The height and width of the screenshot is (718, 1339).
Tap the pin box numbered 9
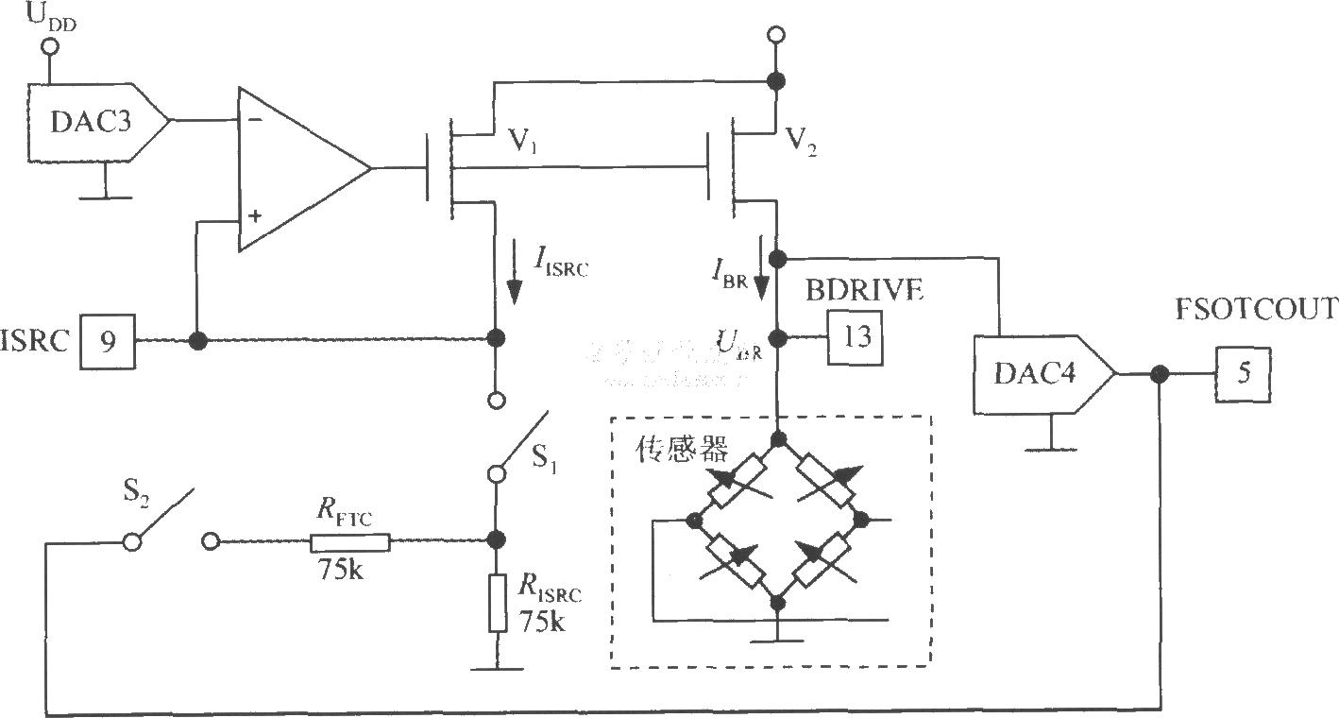[108, 340]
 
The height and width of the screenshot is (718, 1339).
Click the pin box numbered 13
[856, 338]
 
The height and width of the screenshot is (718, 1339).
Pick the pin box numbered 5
[1243, 374]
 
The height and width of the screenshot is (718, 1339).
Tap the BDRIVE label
[863, 291]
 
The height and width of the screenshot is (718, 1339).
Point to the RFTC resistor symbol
[349, 541]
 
